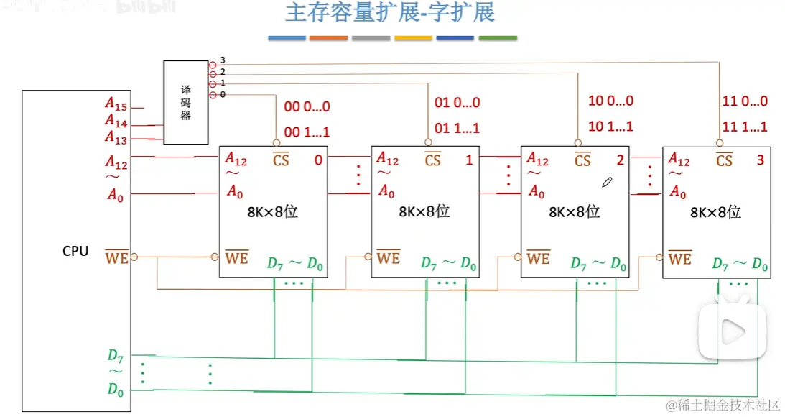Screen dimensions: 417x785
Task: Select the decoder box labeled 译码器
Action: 185,102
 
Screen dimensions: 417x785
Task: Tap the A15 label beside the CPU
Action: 116,107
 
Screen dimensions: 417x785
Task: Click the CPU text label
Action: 75,252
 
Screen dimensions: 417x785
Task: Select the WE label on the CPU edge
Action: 116,257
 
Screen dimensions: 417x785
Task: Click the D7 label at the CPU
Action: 116,355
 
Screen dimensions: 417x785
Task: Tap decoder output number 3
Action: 223,60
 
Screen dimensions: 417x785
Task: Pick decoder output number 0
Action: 223,94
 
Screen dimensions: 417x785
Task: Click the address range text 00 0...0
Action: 307,106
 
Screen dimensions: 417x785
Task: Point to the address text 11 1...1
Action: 744,127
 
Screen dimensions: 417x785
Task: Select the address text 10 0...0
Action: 610,101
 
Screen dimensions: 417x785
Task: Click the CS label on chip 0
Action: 281,160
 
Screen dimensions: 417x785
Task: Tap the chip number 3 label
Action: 760,160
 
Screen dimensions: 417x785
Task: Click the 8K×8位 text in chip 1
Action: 424,211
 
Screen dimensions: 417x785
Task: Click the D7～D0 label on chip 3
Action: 740,264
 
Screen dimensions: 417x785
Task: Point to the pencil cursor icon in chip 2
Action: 607,183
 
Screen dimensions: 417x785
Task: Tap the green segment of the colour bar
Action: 498,38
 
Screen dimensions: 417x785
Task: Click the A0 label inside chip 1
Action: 386,191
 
